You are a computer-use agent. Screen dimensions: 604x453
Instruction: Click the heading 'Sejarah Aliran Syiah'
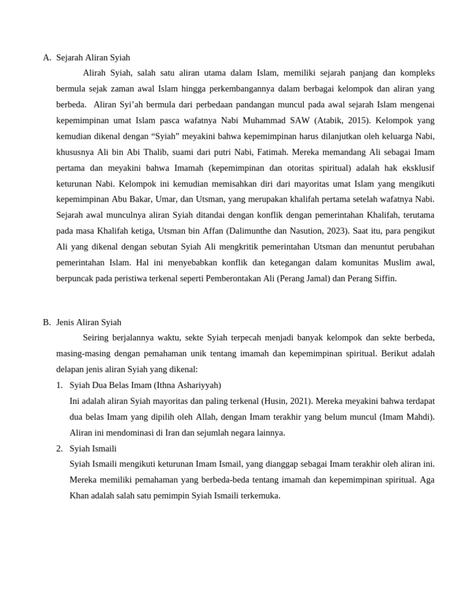(93, 57)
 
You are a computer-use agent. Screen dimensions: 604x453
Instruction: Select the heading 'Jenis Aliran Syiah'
(88, 322)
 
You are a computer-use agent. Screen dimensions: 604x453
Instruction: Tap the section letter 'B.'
(47, 322)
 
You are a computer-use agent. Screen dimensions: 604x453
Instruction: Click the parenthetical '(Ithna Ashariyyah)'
(188, 385)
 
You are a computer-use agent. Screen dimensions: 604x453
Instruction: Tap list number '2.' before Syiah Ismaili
(60, 448)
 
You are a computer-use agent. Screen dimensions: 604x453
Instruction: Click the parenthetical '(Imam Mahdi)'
(406, 417)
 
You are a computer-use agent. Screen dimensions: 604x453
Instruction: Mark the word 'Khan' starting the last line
(78, 495)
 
